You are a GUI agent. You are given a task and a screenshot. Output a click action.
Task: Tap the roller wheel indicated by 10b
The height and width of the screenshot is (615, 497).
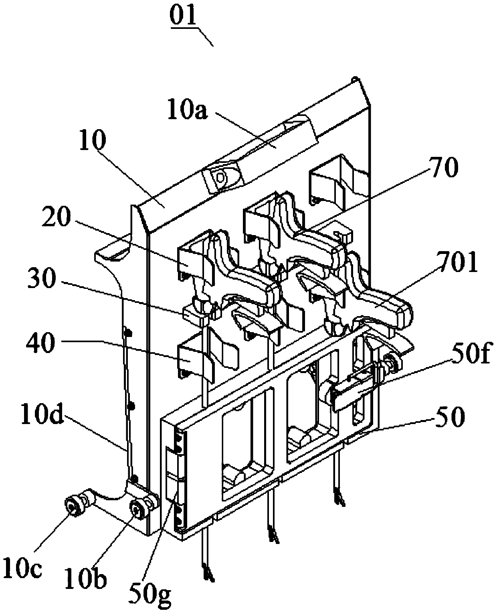pos(136,510)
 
